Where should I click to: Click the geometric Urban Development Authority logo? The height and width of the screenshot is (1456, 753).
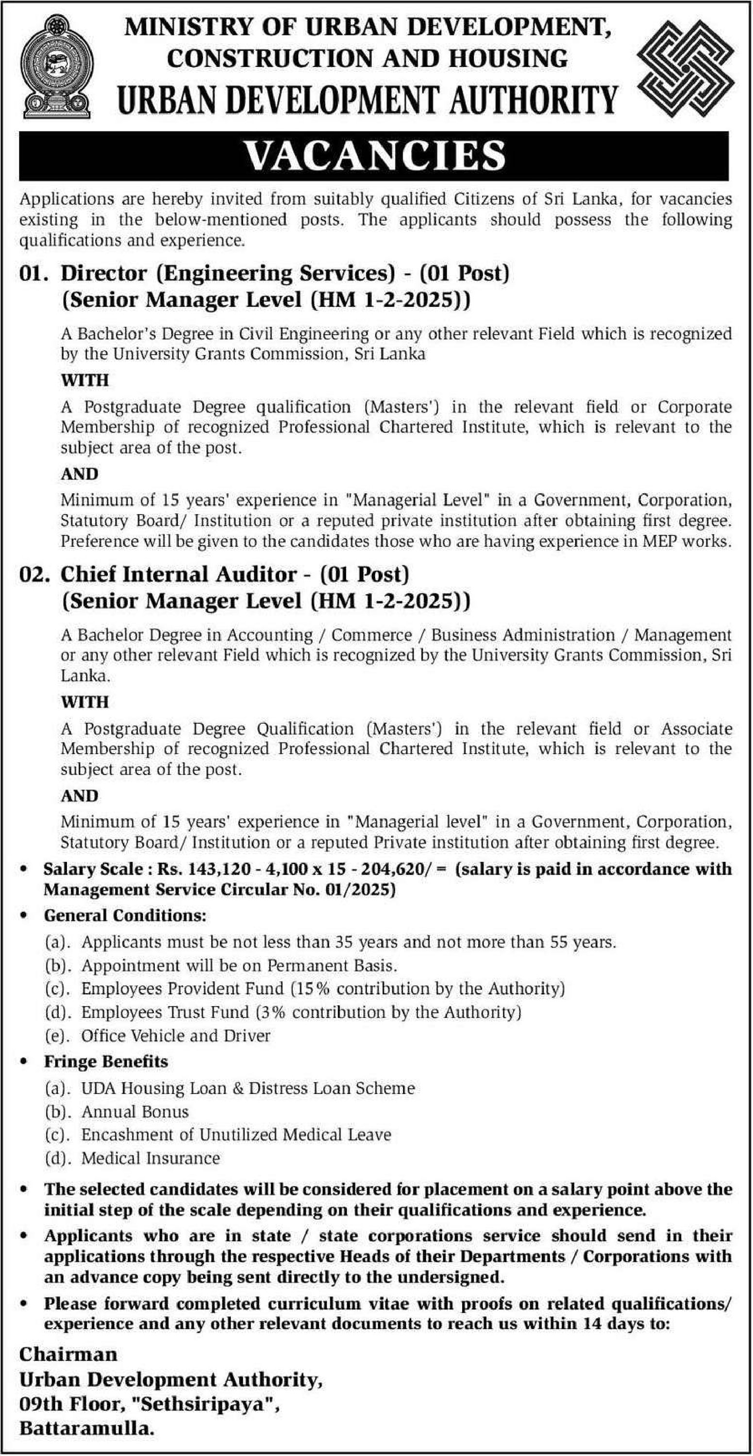[685, 68]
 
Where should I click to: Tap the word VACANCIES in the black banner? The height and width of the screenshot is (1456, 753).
[375, 156]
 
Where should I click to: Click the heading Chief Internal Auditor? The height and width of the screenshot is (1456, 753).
[179, 574]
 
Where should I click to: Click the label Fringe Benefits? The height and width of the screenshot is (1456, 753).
[106, 1061]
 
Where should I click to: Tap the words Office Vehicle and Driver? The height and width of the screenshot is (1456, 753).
[176, 1036]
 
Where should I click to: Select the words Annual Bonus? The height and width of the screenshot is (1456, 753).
[134, 1111]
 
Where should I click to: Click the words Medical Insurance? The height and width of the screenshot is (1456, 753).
[151, 1158]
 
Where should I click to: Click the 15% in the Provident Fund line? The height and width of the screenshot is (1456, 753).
[313, 988]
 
